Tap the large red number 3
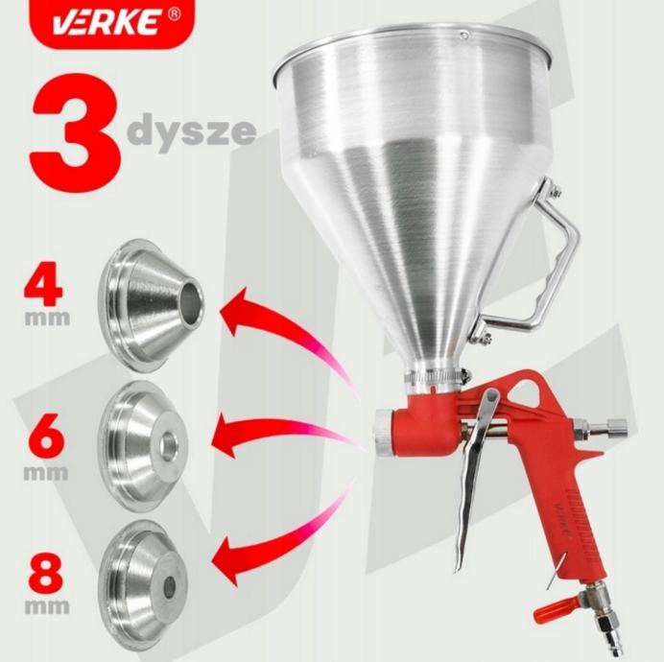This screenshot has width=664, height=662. [76, 133]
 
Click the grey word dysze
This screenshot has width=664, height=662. [192, 130]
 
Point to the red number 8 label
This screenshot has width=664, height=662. [46, 575]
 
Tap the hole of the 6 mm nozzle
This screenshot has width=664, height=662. [170, 441]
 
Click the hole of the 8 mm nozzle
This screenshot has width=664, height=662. [171, 586]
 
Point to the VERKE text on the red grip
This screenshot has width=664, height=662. [562, 520]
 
